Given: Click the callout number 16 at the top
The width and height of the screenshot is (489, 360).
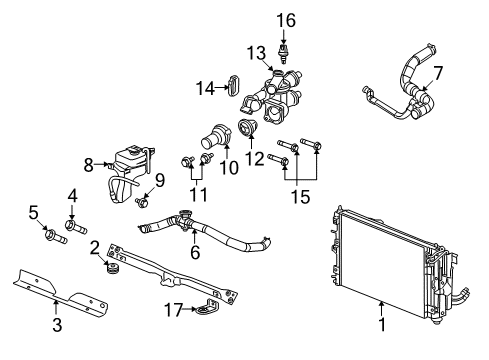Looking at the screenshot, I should (287, 19).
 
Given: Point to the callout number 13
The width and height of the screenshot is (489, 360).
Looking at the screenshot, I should (255, 52).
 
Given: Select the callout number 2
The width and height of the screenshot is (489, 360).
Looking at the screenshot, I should (95, 246).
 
